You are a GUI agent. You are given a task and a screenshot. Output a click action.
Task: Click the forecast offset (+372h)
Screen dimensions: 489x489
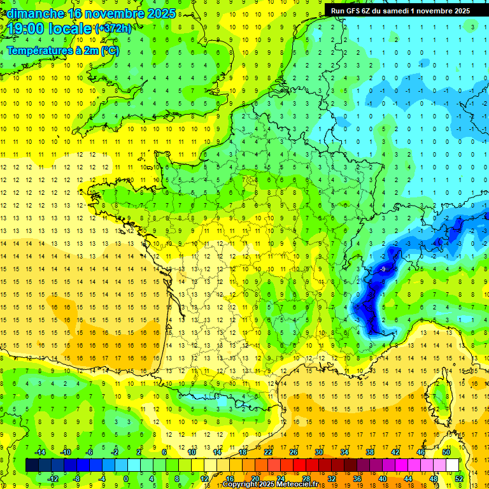pos(113,29)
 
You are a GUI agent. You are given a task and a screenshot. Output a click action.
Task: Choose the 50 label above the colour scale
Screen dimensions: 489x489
pos(446,452)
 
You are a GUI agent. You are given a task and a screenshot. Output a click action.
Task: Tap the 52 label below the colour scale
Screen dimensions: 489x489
pos(459,479)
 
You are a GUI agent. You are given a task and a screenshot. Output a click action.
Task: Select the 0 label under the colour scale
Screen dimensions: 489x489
pos(125,479)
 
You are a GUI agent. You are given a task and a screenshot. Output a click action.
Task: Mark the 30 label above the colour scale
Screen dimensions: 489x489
pos(318,452)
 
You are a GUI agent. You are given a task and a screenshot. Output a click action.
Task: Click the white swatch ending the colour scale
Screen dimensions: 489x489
pos(452,465)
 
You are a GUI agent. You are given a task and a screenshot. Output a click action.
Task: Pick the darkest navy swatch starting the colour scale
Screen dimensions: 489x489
pos(32,465)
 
